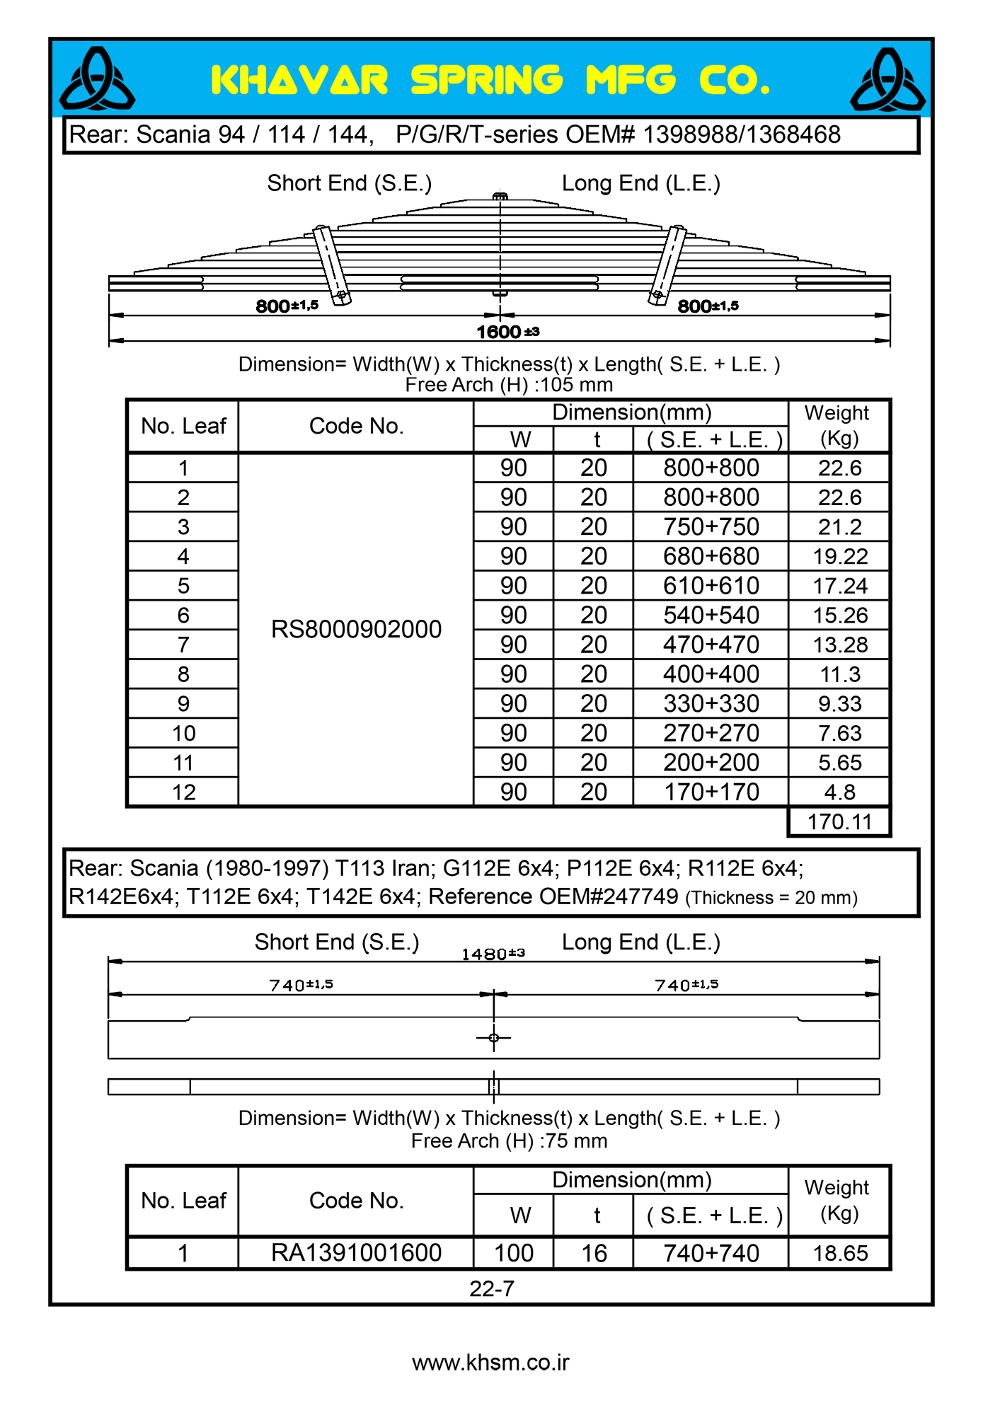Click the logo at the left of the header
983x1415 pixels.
point(97,79)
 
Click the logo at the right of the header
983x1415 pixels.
point(887,80)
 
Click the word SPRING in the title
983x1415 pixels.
point(486,80)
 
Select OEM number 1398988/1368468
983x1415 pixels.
point(741,134)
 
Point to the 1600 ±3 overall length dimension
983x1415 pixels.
point(507,332)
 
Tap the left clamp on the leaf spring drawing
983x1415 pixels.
point(332,265)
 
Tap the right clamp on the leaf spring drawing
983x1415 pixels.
point(667,265)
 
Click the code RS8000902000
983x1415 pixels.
point(356,629)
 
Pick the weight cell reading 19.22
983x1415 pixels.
point(839,557)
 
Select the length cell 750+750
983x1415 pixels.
point(711,527)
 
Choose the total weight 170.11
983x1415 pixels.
point(839,822)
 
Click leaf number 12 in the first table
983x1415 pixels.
point(183,792)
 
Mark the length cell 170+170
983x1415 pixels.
point(711,792)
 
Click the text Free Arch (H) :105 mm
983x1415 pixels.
point(509,385)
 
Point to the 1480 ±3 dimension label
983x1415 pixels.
point(493,954)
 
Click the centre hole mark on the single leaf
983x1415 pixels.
point(494,1038)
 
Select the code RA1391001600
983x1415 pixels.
point(356,1253)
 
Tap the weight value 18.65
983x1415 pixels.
point(839,1253)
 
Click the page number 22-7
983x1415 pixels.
point(492,1288)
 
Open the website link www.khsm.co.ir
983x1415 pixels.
point(490,1363)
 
